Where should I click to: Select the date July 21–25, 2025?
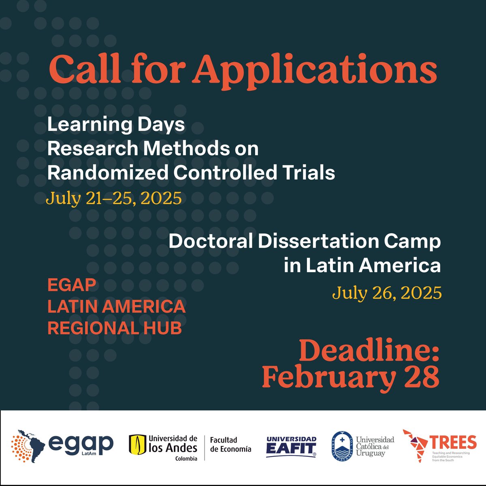point(113,198)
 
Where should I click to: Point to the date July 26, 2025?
point(387,292)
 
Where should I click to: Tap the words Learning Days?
point(116,125)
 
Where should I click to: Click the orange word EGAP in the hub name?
point(72,285)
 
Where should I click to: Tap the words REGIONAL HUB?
point(115,328)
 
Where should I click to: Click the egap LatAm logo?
point(63,446)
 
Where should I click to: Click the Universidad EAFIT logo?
point(291,446)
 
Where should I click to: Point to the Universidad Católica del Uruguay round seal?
point(343,446)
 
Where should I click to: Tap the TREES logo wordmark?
point(453,442)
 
